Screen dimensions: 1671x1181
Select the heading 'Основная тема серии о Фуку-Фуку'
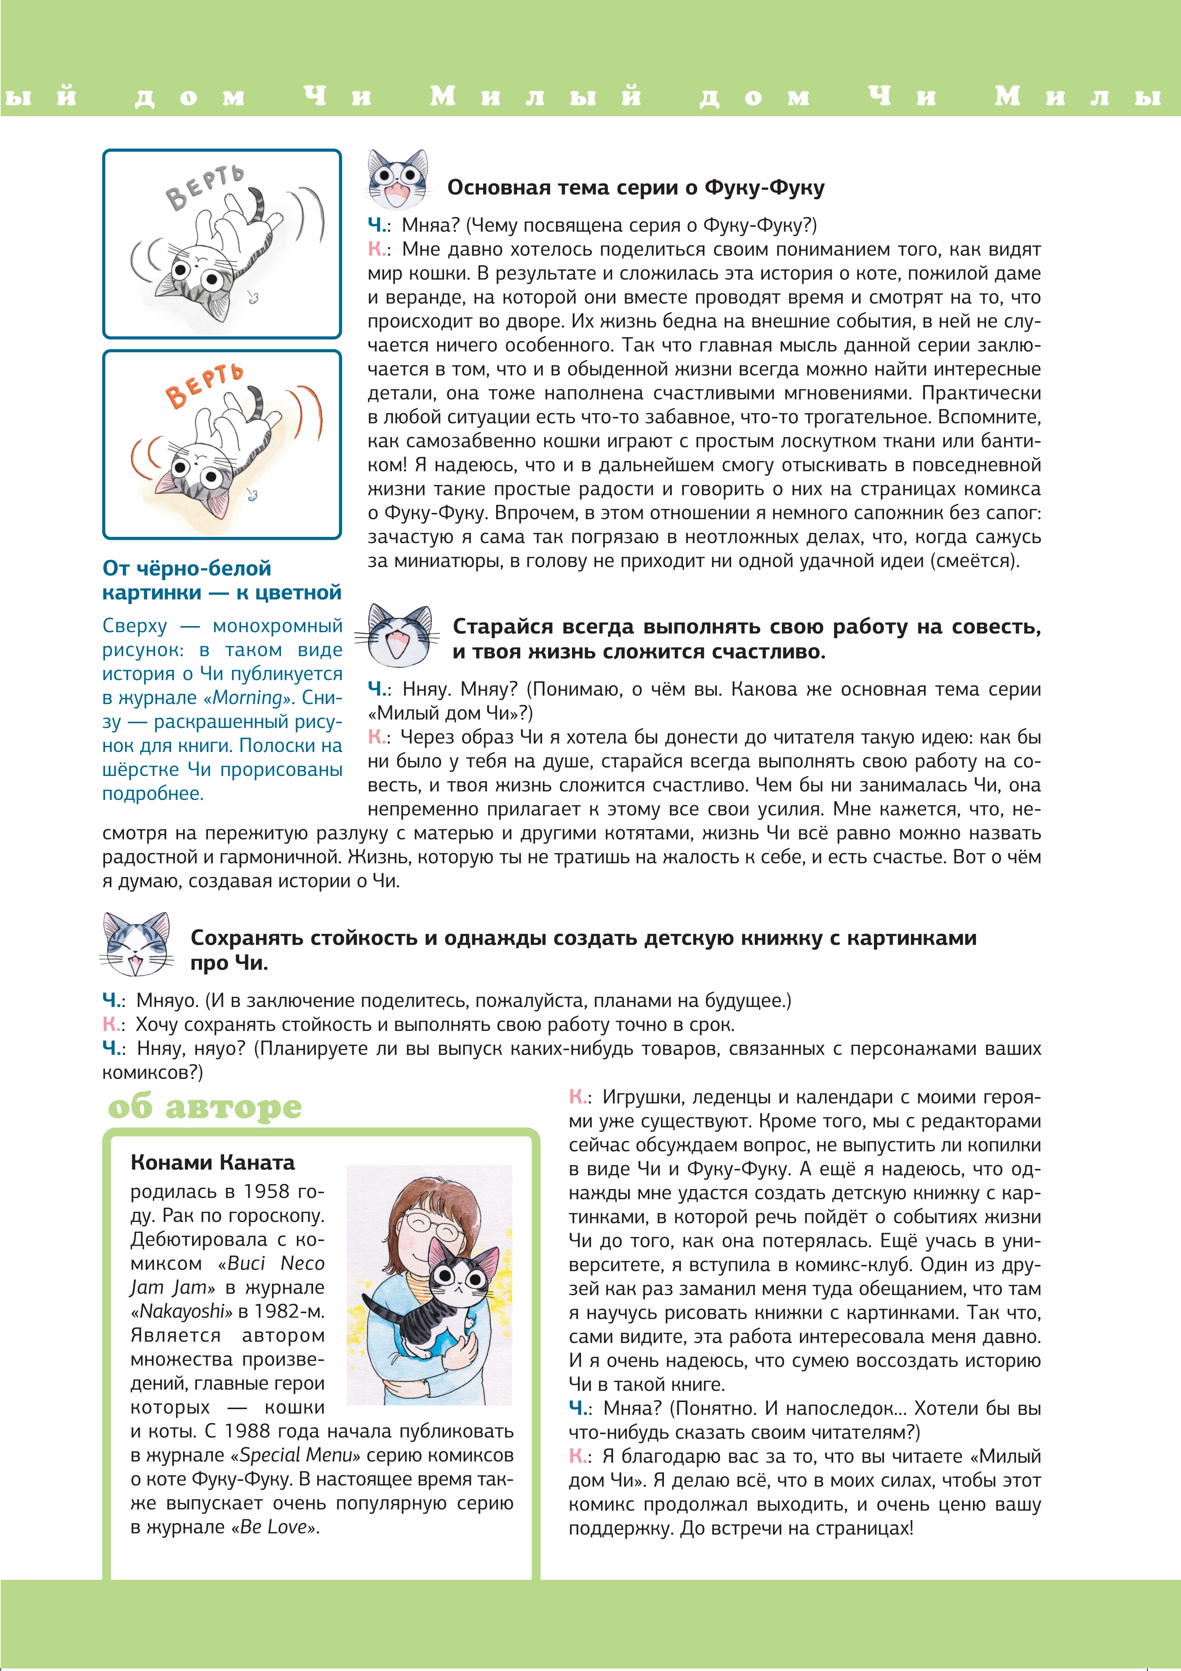pyautogui.click(x=635, y=188)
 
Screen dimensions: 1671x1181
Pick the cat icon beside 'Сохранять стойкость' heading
pyautogui.click(x=137, y=944)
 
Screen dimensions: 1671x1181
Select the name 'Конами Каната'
pyautogui.click(x=213, y=1162)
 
